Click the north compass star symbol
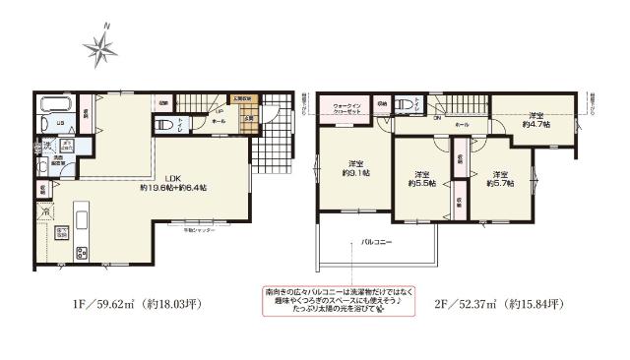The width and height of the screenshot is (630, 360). (x=101, y=44)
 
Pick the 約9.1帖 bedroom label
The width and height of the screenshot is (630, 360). (x=357, y=168)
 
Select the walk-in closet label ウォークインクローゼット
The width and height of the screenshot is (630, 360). (x=350, y=108)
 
